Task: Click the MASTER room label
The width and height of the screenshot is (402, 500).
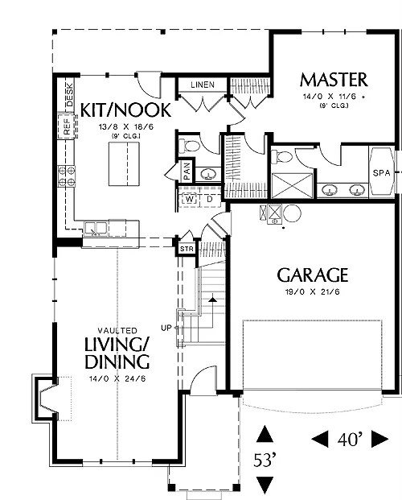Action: coord(334,80)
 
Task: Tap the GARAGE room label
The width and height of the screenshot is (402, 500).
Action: coord(313,275)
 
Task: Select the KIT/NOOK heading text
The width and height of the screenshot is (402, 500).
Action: coord(125,110)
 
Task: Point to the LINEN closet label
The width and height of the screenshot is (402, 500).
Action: coord(203,85)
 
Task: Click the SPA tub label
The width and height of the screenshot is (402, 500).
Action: coord(381,173)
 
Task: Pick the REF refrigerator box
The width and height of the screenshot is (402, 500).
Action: coord(68,126)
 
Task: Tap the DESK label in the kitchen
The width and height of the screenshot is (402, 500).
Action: coord(69,95)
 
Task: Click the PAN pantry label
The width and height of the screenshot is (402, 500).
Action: coord(187,171)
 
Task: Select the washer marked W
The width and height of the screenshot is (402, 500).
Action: coord(190,200)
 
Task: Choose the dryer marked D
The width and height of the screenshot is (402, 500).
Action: coord(210,200)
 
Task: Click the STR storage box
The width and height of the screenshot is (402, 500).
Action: coord(187,249)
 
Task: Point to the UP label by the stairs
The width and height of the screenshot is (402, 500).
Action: coord(166,328)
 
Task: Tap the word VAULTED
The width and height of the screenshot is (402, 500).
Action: coord(117,331)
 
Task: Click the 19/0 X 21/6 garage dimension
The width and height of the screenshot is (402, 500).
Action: coord(313,291)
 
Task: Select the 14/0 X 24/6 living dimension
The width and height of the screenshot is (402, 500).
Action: coord(117,379)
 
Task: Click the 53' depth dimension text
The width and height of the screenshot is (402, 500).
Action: coord(265,460)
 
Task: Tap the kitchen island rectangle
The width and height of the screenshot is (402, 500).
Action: coord(124,164)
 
